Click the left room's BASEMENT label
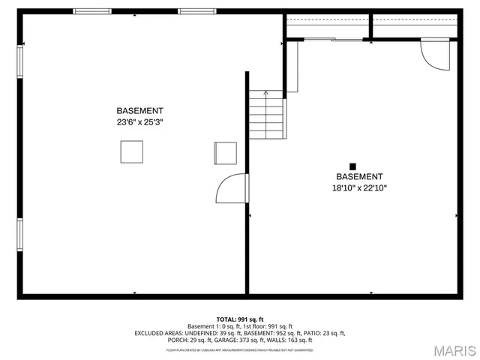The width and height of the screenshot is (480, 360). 139,111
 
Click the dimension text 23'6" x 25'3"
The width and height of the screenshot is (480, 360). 139,122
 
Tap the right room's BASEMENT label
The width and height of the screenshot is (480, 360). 359,177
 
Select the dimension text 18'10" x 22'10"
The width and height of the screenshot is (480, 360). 359,188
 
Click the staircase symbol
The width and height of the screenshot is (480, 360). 268,115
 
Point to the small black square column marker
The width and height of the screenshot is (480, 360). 352,166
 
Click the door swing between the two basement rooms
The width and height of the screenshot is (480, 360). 232,189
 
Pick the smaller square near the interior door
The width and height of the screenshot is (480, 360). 225,152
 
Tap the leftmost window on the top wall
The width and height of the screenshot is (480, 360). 91,11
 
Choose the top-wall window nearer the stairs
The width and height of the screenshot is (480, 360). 196,11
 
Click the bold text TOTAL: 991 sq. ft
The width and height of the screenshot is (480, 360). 240,319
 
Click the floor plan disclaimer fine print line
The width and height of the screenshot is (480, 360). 240,349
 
